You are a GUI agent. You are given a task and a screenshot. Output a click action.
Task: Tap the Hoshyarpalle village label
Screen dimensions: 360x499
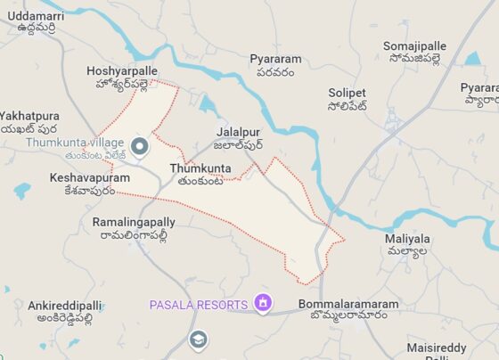click(x=122, y=77)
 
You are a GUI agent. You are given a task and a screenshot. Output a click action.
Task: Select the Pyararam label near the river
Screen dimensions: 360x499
click(x=275, y=65)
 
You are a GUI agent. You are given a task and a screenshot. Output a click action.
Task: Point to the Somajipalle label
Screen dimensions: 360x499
click(x=414, y=53)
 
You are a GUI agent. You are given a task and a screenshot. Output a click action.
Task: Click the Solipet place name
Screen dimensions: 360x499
click(x=348, y=99)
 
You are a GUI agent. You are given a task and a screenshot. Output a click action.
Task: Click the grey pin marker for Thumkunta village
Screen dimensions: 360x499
click(x=139, y=145)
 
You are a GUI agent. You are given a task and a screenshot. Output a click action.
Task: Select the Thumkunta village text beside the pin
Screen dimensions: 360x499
click(x=75, y=149)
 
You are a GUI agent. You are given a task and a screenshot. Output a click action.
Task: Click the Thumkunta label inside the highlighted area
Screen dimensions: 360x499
click(x=200, y=173)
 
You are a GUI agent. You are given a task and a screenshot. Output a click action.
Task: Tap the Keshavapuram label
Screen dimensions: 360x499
click(x=82, y=184)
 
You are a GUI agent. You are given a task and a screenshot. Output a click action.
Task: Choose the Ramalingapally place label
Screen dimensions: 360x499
click(x=134, y=228)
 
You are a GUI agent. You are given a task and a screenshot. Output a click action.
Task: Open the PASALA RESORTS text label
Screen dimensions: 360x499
click(x=198, y=305)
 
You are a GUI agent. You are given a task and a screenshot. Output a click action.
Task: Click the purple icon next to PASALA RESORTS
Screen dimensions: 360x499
click(x=262, y=304)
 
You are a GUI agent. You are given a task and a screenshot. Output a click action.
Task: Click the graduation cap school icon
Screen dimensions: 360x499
click(x=197, y=340)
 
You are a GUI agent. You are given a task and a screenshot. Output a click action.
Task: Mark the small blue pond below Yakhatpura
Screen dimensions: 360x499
click(x=23, y=190)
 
